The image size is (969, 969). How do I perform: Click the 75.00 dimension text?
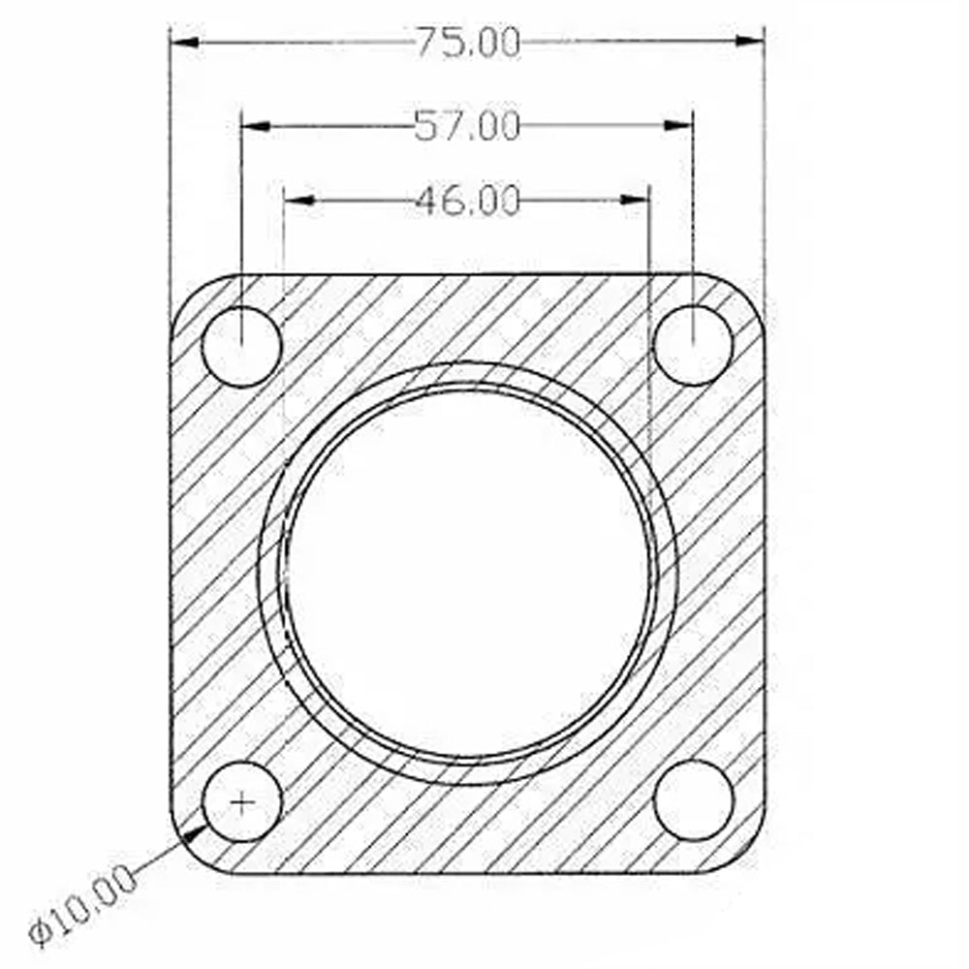pyautogui.click(x=468, y=44)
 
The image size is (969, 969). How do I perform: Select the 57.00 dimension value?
pyautogui.click(x=467, y=126)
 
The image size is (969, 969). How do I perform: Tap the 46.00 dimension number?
pyautogui.click(x=467, y=201)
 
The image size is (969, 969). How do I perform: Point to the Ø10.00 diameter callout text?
pyautogui.click(x=82, y=904)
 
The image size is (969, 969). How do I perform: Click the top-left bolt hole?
pyautogui.click(x=241, y=347)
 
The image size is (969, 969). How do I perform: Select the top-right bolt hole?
pyautogui.click(x=694, y=345)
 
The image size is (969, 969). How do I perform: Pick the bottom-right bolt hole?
pyautogui.click(x=694, y=800)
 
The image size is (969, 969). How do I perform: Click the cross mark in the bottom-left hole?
pyautogui.click(x=241, y=802)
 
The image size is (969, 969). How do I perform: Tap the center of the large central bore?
pyautogui.click(x=468, y=573)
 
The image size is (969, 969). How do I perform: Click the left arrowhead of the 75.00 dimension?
pyautogui.click(x=184, y=43)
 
